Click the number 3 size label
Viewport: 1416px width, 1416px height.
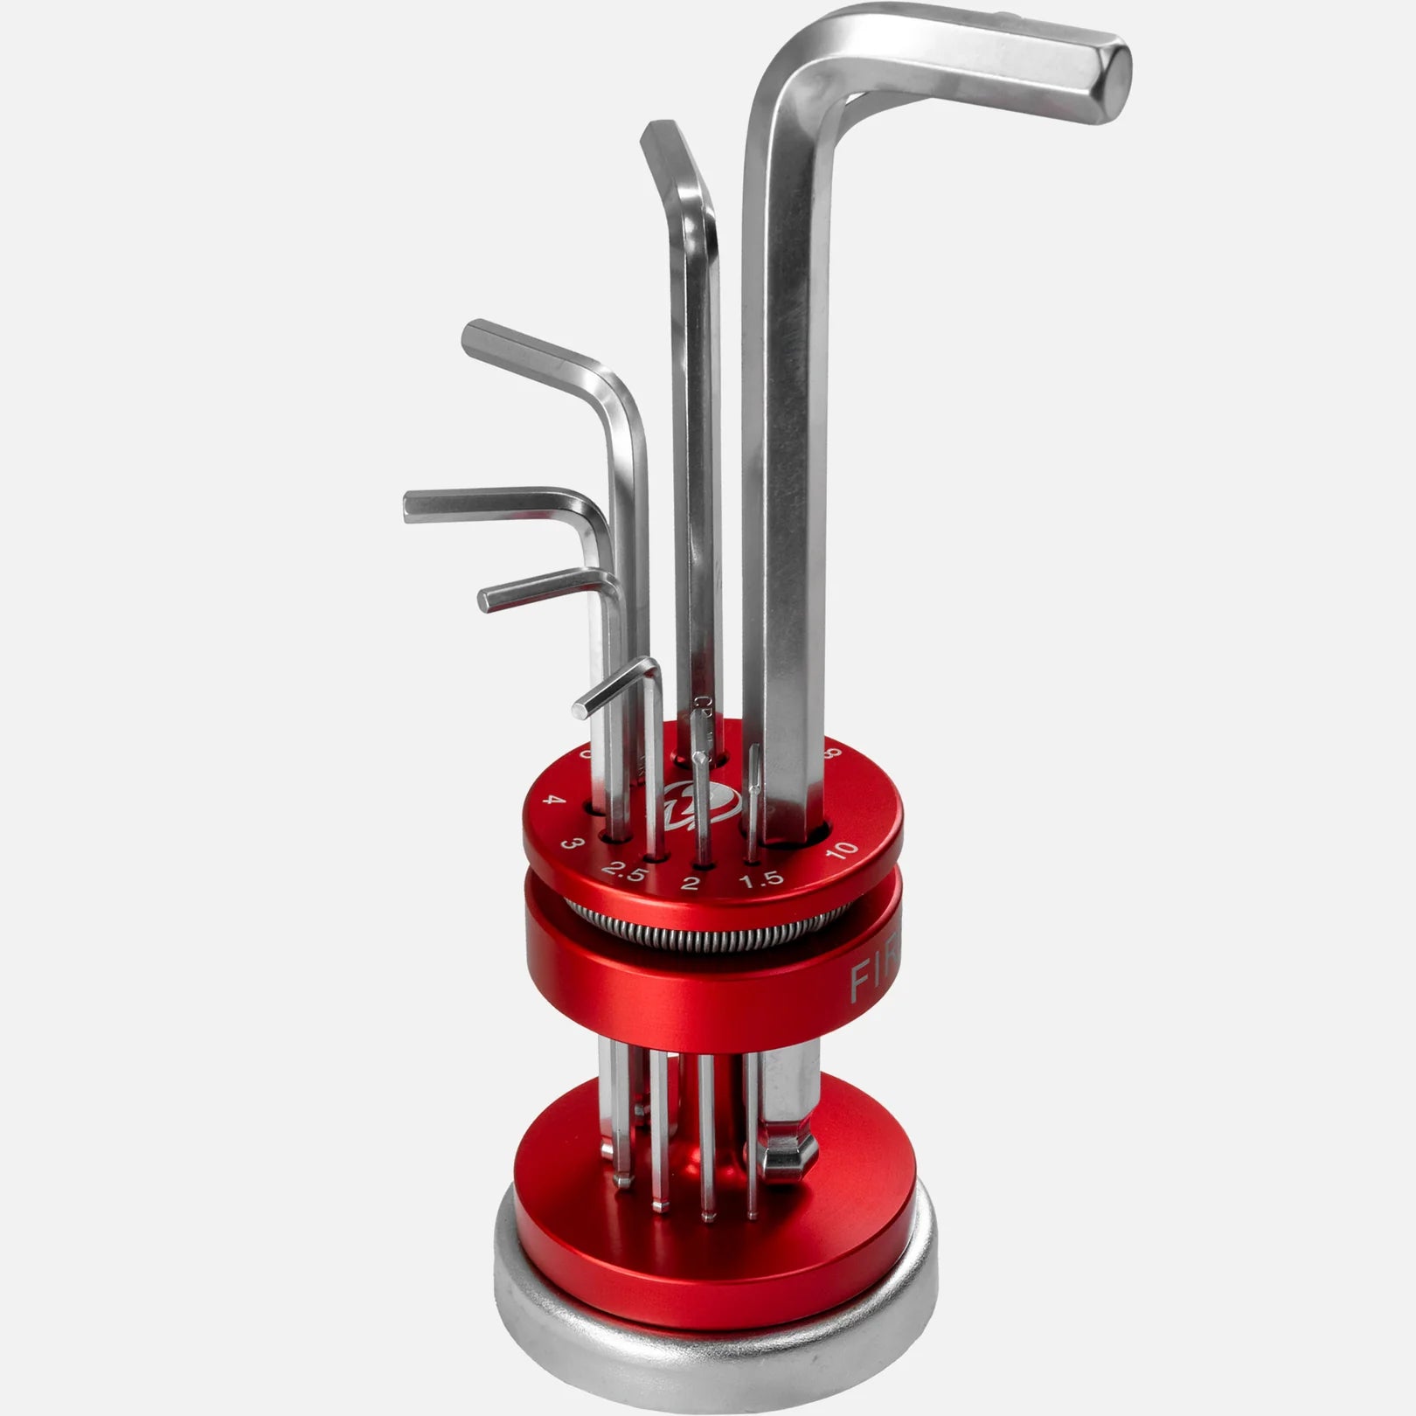tap(571, 844)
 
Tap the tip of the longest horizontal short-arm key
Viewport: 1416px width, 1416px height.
tap(409, 508)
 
